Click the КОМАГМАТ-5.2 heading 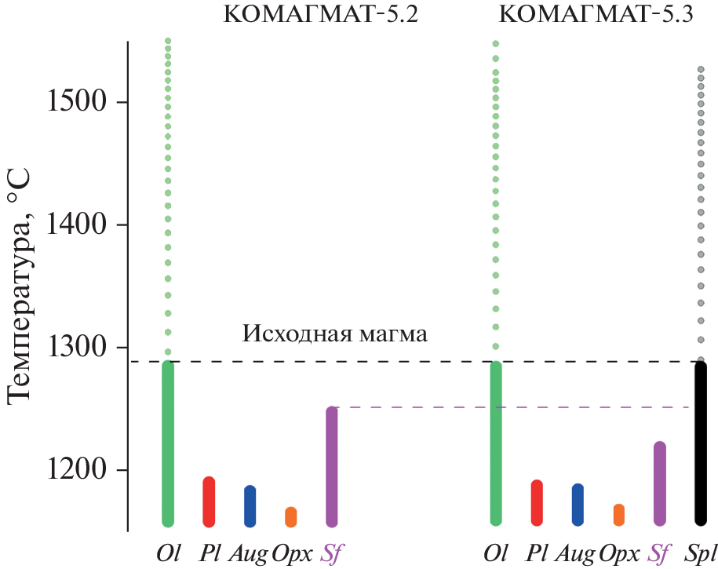click(x=321, y=16)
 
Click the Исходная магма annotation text click(x=335, y=334)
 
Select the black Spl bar click(x=701, y=443)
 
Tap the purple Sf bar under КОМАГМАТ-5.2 click(x=332, y=466)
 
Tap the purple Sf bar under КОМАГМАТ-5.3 click(x=660, y=483)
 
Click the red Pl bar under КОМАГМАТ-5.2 click(x=209, y=502)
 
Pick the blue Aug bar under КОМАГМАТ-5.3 click(x=578, y=505)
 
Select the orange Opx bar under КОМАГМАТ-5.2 click(x=290, y=517)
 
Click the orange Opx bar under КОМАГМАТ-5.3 click(x=619, y=515)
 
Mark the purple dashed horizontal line click(x=510, y=407)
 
